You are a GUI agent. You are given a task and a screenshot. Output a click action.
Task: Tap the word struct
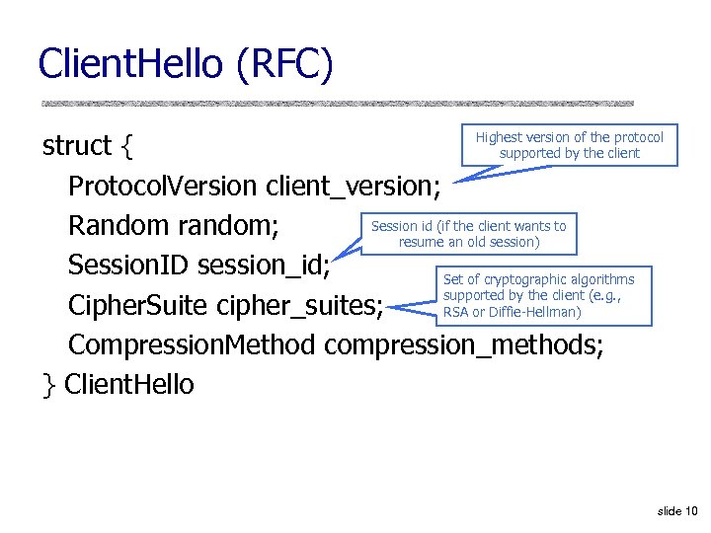point(77,146)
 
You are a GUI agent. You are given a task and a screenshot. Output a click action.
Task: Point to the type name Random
point(118,226)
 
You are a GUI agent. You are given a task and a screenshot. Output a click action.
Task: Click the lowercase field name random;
point(228,226)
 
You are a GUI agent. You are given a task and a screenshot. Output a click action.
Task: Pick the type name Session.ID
point(128,266)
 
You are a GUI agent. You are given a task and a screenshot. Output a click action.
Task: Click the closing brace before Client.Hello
point(48,385)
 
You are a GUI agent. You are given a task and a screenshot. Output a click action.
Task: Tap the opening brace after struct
point(125,147)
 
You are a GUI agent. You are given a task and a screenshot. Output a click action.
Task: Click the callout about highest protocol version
point(569,145)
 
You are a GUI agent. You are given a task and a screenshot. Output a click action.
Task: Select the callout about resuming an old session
point(468,234)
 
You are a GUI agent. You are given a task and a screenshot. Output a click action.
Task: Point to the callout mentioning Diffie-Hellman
point(538,296)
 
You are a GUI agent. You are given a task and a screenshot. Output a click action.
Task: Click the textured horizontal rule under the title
point(337,103)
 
